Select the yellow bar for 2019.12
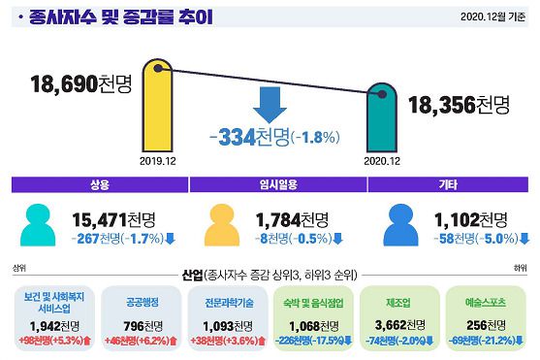point(156,105)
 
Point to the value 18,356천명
point(459,105)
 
